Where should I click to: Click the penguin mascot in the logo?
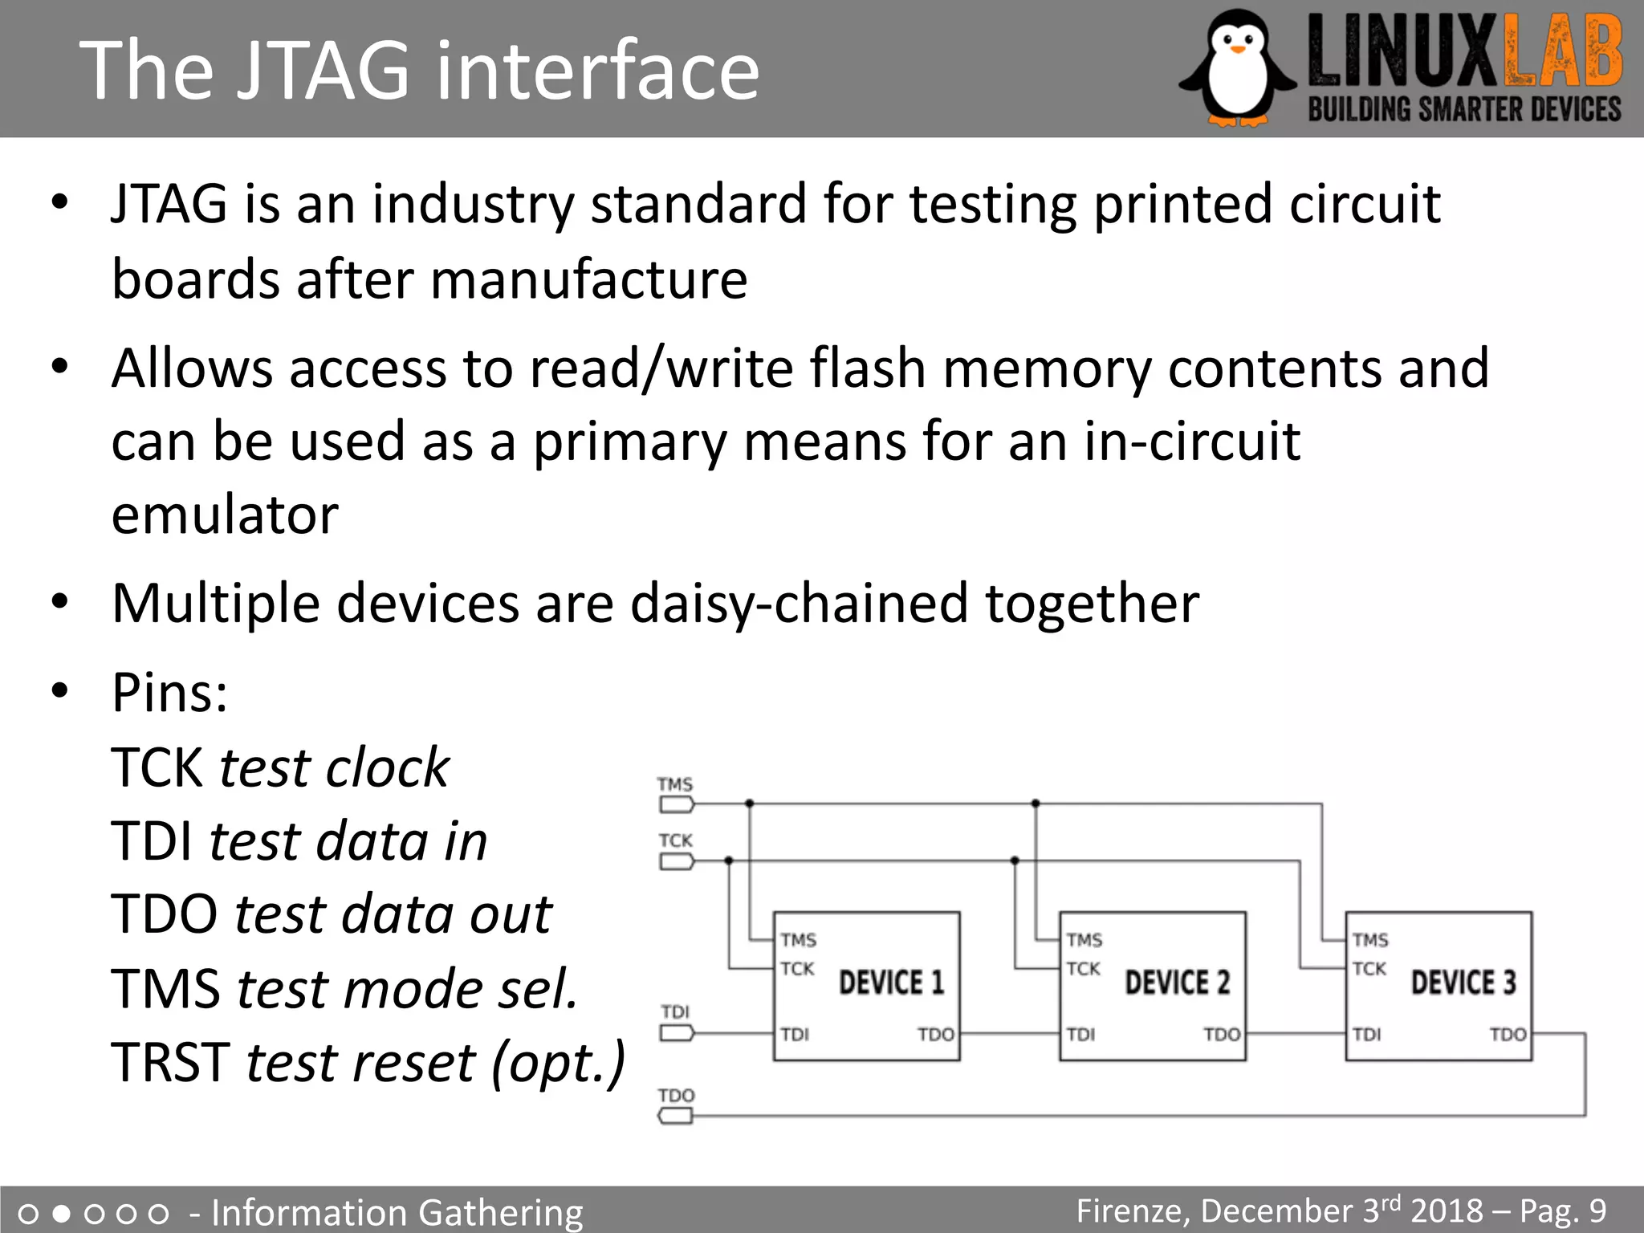[x=1237, y=68]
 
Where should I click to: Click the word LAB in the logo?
[x=1562, y=55]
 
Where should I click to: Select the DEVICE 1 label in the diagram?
[x=891, y=983]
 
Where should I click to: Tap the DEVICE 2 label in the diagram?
[x=1177, y=983]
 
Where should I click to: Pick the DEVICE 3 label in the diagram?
[x=1463, y=983]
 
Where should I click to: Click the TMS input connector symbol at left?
[x=676, y=804]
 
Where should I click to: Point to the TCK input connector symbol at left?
[x=676, y=861]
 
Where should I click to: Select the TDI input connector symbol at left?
[x=676, y=1033]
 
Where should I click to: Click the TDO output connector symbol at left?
[x=676, y=1116]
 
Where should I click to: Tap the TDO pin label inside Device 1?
[x=936, y=1035]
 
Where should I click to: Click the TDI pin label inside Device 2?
[x=1080, y=1035]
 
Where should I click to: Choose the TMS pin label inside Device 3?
[x=1370, y=940]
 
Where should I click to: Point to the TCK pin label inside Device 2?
[x=1084, y=969]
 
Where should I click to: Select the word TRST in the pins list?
[x=170, y=1062]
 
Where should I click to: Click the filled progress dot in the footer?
[x=61, y=1213]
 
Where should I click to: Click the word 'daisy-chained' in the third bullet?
[x=799, y=604]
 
